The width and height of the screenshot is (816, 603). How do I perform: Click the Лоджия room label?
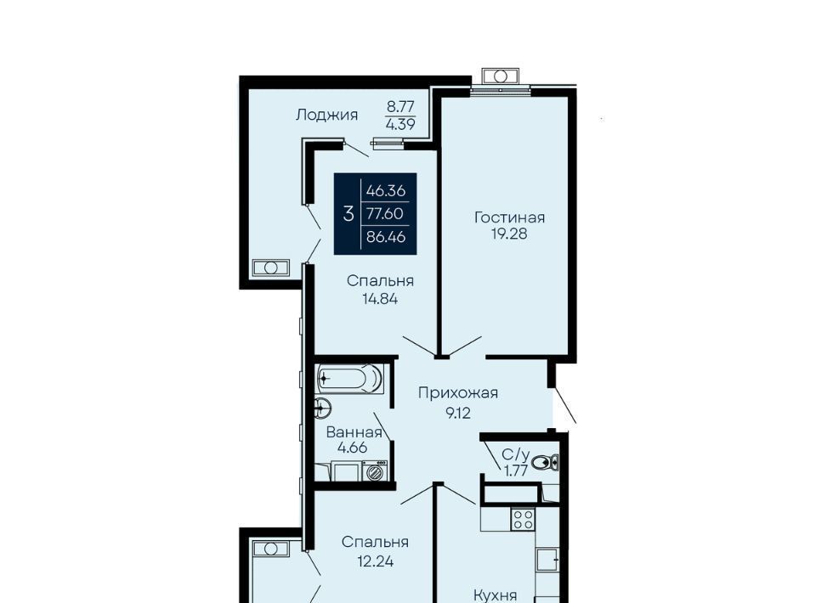(x=326, y=116)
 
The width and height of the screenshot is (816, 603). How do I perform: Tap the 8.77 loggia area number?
(x=400, y=106)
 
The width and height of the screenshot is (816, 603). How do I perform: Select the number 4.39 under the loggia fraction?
(x=400, y=124)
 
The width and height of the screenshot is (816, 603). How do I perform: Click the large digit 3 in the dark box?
(x=348, y=213)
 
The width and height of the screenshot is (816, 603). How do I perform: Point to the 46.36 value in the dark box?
(x=386, y=191)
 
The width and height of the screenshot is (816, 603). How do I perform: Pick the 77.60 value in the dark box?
(x=384, y=213)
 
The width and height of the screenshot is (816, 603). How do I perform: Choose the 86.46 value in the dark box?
(x=386, y=237)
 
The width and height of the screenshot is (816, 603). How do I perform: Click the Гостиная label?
(x=509, y=217)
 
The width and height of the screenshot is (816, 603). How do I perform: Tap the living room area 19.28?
(x=509, y=234)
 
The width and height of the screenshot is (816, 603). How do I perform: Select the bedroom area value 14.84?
(x=381, y=299)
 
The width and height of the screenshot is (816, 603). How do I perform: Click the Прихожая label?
(x=458, y=393)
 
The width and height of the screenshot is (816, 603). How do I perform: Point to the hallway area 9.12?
(x=458, y=413)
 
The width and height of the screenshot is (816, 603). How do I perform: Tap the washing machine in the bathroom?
(x=375, y=471)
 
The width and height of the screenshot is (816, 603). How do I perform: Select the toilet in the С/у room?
(x=546, y=462)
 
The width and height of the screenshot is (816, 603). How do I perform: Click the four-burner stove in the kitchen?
(x=523, y=519)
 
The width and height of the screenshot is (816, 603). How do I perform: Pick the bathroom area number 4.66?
(x=352, y=448)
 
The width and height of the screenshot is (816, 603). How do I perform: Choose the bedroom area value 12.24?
(x=375, y=561)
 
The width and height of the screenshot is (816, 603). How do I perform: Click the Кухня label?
(x=495, y=595)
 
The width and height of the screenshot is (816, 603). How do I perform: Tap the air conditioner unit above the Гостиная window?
(x=500, y=76)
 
